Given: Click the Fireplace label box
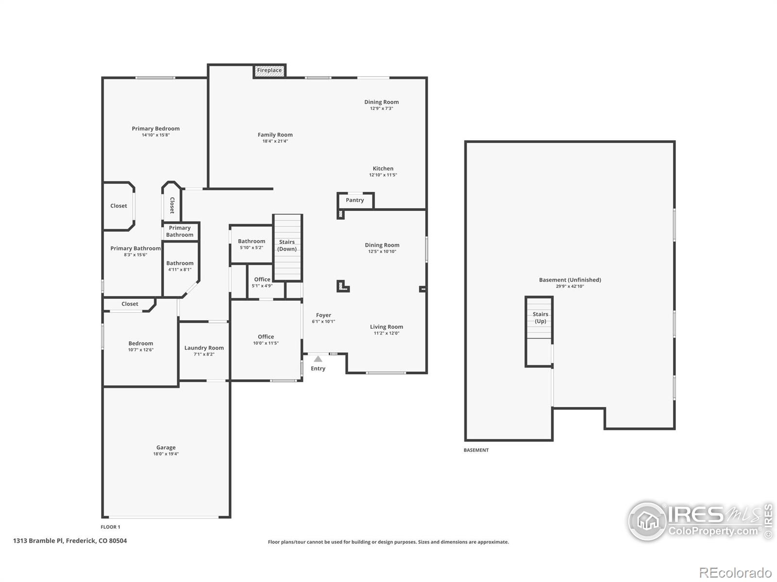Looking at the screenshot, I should point(269,70).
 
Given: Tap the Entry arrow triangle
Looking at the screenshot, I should point(318,359).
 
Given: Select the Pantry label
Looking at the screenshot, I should point(355,200).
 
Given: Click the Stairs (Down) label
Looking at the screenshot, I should point(287,245).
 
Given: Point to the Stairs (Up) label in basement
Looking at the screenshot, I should point(540,318).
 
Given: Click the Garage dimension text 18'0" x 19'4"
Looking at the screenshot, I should point(166,454).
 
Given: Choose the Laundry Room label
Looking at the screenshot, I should point(204,348).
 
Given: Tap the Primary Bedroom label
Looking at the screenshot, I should point(155,129).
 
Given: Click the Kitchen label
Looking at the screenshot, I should point(383,169).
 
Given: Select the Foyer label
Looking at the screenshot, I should point(323,315).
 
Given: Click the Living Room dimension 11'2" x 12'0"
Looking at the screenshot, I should point(386,333).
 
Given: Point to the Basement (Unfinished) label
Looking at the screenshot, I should point(570,280).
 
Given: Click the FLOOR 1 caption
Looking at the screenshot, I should point(110,527).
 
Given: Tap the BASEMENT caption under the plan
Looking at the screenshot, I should point(476,450).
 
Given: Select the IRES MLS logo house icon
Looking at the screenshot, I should point(647,521).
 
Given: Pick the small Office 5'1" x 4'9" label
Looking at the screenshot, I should point(262,279).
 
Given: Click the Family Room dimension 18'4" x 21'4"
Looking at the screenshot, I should point(275,141).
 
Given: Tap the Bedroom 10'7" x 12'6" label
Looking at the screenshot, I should point(140,343).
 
